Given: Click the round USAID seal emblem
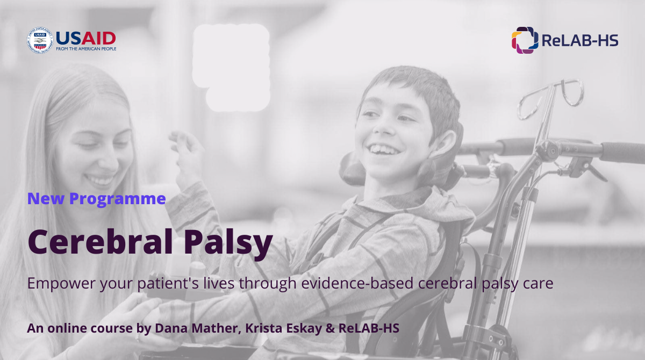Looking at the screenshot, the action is point(40,41).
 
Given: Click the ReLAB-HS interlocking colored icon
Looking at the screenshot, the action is point(525,40).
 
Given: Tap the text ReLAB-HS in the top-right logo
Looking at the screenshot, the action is point(580,41).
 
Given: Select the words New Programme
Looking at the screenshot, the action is point(96,199).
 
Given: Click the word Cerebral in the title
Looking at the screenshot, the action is point(100,241).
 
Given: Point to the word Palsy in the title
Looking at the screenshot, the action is point(228,243).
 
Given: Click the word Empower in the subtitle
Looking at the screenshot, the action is point(61,284).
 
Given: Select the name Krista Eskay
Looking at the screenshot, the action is point(284,328).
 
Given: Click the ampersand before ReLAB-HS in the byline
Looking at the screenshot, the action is point(330,329).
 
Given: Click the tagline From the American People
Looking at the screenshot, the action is point(86,49).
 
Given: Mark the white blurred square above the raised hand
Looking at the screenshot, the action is point(232,67).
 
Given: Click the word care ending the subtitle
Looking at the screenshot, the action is point(538,284).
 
